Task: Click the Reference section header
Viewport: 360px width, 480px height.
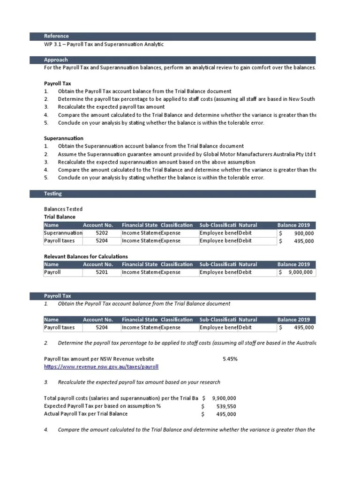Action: (x=56, y=36)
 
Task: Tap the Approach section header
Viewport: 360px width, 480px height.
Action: (x=56, y=60)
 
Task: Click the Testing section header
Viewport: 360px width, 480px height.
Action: (x=52, y=194)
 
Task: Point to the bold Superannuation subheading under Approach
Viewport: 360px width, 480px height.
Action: (x=63, y=139)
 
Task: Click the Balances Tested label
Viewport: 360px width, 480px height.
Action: (x=63, y=209)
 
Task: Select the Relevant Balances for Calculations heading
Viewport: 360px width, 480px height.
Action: (x=85, y=256)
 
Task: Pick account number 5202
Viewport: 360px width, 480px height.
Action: (x=102, y=233)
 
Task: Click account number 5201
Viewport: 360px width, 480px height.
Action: (x=102, y=272)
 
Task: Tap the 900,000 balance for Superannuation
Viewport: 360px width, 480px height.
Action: (x=304, y=233)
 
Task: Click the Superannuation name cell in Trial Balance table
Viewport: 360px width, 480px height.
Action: (x=62, y=233)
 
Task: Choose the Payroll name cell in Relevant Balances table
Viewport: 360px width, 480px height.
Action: (x=52, y=272)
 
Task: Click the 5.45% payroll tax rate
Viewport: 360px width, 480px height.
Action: (x=230, y=359)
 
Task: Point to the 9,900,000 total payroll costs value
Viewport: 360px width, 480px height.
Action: (x=224, y=398)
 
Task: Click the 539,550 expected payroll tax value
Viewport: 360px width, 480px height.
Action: (x=225, y=406)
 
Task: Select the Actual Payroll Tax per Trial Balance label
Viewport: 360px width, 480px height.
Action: (x=85, y=414)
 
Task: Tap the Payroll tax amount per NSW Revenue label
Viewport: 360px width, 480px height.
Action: (x=98, y=359)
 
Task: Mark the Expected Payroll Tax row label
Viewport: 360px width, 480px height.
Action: (x=102, y=406)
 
